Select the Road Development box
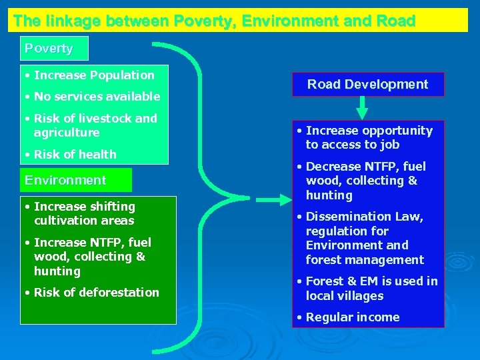(x=367, y=84)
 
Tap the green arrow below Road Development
(x=362, y=107)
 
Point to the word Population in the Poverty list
(x=123, y=75)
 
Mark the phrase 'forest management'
(x=365, y=260)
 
